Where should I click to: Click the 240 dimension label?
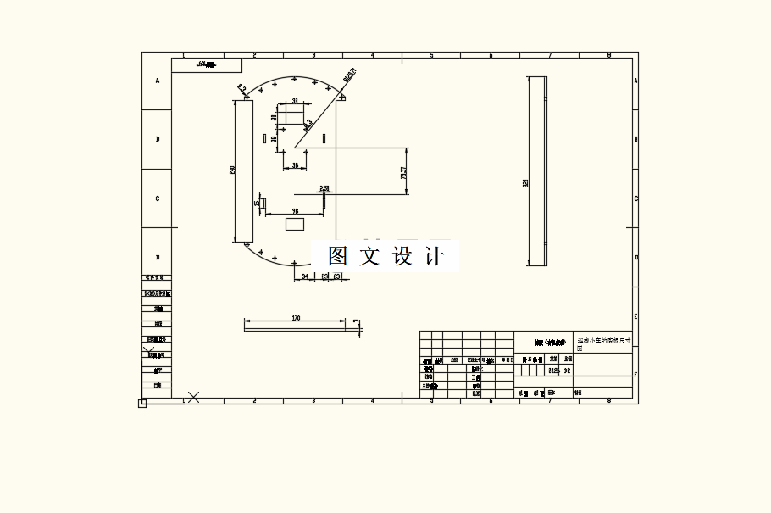(233, 170)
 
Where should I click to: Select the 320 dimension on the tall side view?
(525, 183)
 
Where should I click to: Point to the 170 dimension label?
(296, 318)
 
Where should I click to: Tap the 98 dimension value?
(295, 210)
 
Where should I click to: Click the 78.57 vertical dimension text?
(403, 172)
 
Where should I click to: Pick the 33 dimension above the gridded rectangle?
(295, 101)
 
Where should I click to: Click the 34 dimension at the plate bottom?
(305, 276)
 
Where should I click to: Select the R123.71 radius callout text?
(349, 76)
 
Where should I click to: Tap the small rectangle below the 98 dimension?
(295, 224)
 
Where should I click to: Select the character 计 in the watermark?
(433, 256)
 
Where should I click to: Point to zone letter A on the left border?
(157, 81)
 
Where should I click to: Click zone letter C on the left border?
(157, 198)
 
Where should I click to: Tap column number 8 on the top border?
(608, 55)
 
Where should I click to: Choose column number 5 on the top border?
(431, 55)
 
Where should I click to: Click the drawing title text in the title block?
(602, 342)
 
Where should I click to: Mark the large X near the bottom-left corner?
(193, 396)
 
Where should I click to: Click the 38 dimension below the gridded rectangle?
(295, 165)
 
